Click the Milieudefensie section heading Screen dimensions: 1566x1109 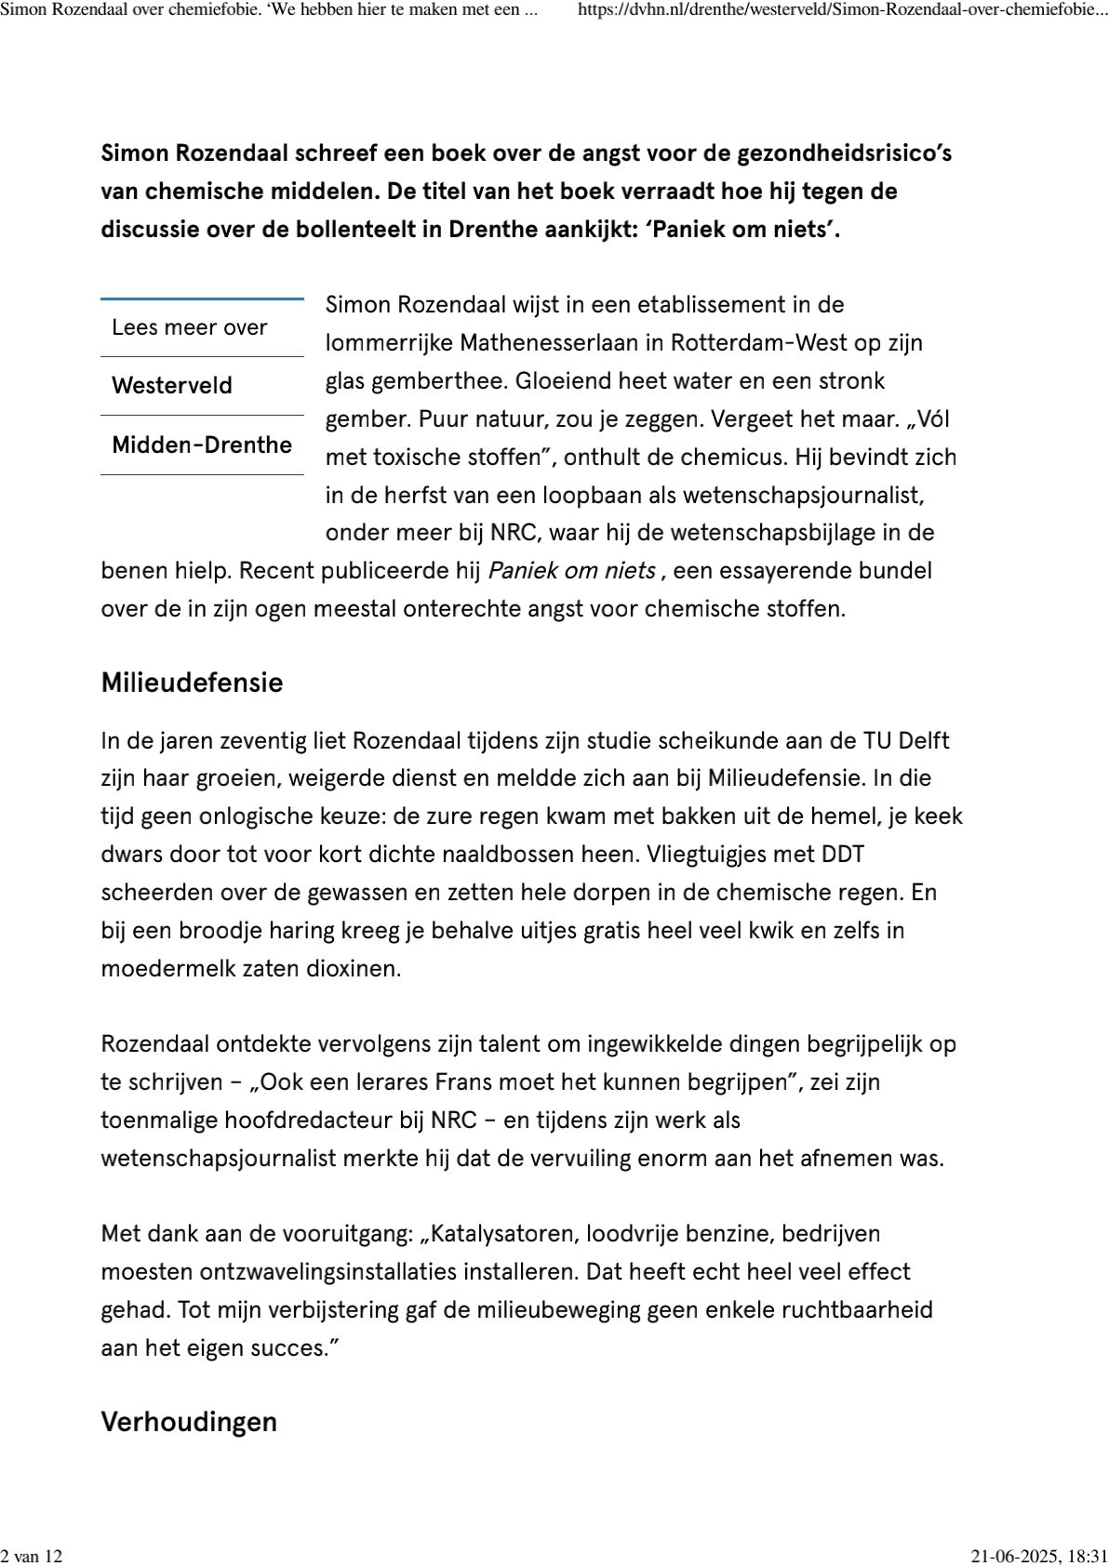(x=192, y=683)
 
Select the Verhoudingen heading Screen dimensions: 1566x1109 (x=189, y=1422)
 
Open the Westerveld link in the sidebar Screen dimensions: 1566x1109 (x=172, y=386)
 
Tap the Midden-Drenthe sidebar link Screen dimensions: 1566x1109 (x=202, y=445)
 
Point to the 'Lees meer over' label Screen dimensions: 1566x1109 (x=190, y=327)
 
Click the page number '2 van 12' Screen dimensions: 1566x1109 (x=32, y=1556)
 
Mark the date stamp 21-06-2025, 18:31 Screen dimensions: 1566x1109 (x=1038, y=1556)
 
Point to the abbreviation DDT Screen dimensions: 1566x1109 (x=842, y=854)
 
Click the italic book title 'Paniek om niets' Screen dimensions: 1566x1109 (x=571, y=571)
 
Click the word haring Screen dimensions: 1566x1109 (x=299, y=930)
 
